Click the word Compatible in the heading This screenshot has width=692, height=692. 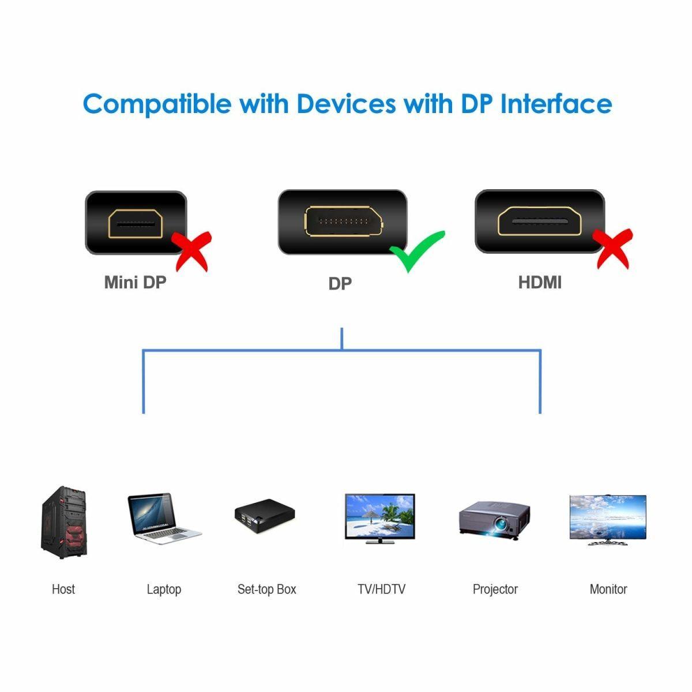(x=157, y=104)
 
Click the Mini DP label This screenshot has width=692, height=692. (x=135, y=283)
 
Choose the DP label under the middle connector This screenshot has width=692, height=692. (x=340, y=284)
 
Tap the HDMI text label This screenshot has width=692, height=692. (x=539, y=283)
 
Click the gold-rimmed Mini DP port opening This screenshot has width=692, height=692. (x=136, y=223)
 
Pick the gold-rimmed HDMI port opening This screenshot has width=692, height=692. (x=540, y=222)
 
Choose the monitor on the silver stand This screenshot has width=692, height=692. (x=608, y=519)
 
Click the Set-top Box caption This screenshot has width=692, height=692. (x=266, y=589)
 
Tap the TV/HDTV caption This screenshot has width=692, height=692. (x=381, y=589)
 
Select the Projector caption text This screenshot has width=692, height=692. (x=495, y=589)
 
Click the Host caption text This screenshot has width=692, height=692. (x=63, y=589)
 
